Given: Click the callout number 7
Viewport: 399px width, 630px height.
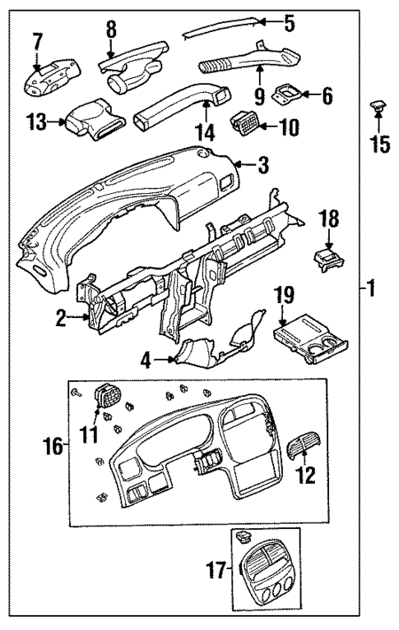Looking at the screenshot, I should point(37,40).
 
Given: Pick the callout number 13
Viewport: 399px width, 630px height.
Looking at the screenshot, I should point(35,124).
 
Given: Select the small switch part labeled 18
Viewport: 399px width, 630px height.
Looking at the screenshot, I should point(327,260).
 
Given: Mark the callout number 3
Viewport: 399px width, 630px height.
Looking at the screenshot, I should point(262,166).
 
